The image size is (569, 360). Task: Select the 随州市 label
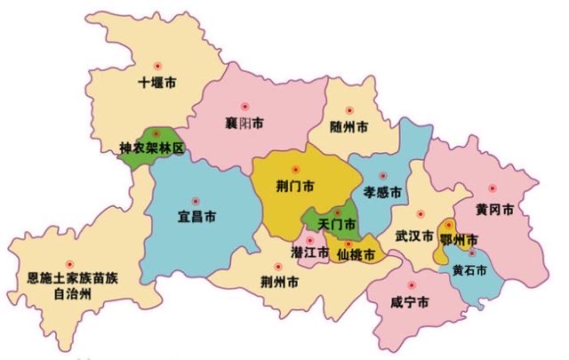(349, 126)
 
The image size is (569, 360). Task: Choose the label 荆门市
(295, 187)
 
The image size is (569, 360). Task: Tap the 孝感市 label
(382, 192)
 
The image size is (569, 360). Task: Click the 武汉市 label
(414, 237)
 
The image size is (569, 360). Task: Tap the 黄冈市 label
(493, 211)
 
